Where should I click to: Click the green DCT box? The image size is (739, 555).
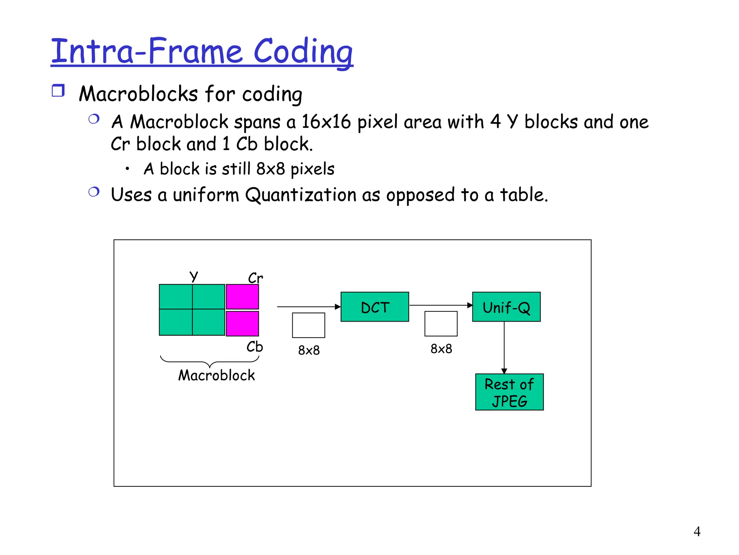click(375, 307)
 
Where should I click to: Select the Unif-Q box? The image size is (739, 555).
click(506, 307)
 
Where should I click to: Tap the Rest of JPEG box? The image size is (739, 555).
click(509, 392)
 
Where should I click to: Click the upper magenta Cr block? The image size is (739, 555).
click(242, 297)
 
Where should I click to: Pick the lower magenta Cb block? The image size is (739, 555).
click(242, 323)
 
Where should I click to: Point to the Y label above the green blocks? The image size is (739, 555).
click(194, 276)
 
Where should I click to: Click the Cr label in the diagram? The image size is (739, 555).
click(255, 278)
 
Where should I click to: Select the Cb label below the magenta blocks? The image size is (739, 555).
click(254, 347)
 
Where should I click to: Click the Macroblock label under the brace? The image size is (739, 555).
click(217, 375)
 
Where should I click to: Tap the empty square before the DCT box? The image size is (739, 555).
click(309, 325)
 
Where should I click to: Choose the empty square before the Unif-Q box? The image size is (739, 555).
click(441, 324)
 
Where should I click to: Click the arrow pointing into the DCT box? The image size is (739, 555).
click(309, 307)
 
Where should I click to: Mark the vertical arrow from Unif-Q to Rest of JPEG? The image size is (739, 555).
click(504, 347)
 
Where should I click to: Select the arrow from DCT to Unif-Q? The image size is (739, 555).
click(441, 305)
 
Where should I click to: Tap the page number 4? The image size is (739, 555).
click(697, 532)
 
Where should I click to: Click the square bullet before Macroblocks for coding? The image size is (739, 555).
click(58, 90)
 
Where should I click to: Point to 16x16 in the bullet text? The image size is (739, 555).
click(326, 122)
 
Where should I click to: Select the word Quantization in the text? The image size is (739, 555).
click(301, 195)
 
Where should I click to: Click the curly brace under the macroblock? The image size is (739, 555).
click(210, 361)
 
